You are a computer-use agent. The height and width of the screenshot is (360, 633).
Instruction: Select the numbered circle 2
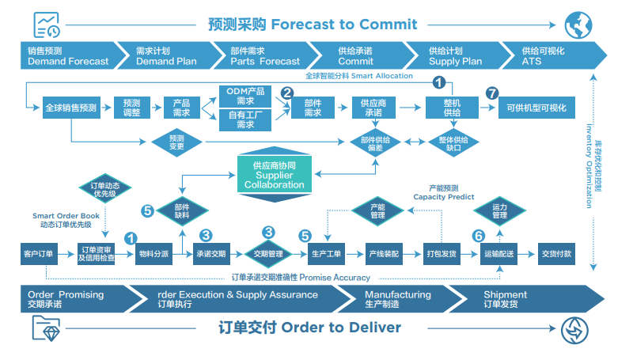pyautogui.click(x=286, y=93)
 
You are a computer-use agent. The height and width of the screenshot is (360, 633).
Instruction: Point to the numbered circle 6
pyautogui.click(x=478, y=235)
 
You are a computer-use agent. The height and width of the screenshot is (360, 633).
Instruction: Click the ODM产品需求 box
pyautogui.click(x=245, y=96)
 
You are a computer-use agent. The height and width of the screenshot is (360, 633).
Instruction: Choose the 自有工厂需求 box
pyautogui.click(x=245, y=119)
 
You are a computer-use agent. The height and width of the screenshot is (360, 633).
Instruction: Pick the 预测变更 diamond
pyautogui.click(x=176, y=142)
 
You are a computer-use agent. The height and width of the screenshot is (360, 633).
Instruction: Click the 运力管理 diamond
pyautogui.click(x=499, y=210)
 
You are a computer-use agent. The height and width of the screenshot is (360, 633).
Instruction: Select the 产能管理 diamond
pyautogui.click(x=377, y=210)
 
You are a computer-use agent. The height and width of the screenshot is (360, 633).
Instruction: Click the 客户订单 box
pyautogui.click(x=37, y=254)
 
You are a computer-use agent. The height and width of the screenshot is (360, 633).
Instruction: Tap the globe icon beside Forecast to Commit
pyautogui.click(x=576, y=23)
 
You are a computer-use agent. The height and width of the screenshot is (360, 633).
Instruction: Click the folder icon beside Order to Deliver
pyautogui.click(x=46, y=328)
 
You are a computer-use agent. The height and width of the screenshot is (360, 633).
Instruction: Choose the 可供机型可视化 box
pyautogui.click(x=536, y=108)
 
